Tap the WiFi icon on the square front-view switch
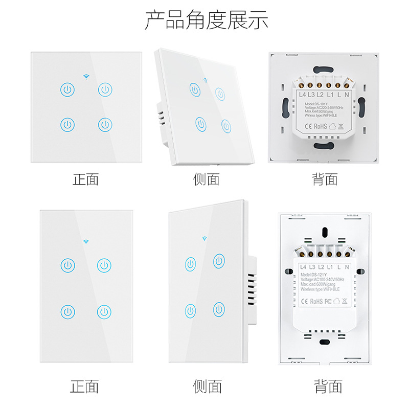coord(86,77)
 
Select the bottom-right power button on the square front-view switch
coord(105,124)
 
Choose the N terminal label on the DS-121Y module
coord(347,267)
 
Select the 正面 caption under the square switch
coord(85,179)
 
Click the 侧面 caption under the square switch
coord(206,179)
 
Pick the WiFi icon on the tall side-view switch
coord(204,238)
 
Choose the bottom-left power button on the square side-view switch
coord(200,123)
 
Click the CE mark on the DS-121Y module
coord(303,301)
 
